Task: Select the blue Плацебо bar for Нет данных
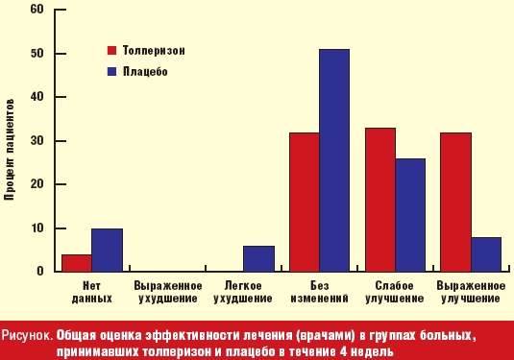(107, 251)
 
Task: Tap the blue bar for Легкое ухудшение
(258, 259)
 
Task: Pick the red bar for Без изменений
(305, 203)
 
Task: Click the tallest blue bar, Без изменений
(333, 160)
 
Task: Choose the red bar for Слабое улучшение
(379, 200)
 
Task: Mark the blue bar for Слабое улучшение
(409, 215)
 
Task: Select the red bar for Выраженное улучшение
(455, 203)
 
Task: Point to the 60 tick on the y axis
(37, 10)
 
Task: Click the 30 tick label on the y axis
(37, 140)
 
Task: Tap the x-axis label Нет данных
(93, 292)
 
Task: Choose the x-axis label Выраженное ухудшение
(168, 292)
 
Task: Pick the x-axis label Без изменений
(319, 292)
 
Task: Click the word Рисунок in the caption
(26, 336)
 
